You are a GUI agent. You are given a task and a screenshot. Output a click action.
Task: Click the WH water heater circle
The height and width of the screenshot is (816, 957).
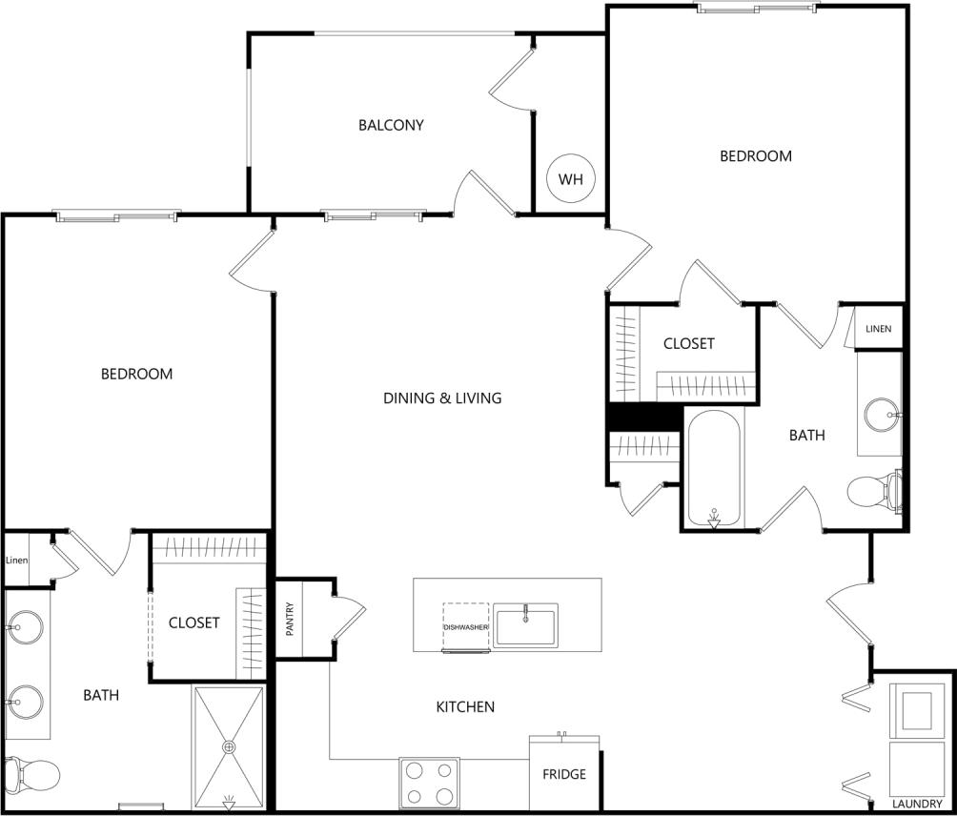pos(570,179)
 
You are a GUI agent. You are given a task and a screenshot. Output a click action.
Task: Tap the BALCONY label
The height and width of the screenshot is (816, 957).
pos(391,125)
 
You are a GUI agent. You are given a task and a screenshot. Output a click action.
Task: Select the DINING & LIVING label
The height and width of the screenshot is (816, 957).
pos(442,398)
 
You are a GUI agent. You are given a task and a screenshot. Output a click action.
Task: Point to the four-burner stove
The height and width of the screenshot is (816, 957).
pos(429,783)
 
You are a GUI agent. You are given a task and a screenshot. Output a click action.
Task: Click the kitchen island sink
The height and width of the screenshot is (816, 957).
pos(525,625)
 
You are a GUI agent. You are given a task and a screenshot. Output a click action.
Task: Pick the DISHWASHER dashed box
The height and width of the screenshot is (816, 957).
pos(465,627)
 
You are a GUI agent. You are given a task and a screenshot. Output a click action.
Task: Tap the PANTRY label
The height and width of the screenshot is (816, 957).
pos(290,619)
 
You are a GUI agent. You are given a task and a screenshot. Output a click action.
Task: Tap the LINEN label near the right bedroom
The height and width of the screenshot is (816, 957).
pos(878,329)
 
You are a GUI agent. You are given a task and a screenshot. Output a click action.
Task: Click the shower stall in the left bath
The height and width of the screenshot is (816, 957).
pos(229,746)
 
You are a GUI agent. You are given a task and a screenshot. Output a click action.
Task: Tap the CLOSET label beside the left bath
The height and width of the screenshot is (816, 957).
pos(193,622)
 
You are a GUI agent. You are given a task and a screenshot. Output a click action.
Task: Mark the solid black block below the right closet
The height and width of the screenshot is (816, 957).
pos(644,417)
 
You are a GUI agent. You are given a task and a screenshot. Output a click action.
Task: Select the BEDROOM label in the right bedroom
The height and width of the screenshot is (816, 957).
pos(755,155)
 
